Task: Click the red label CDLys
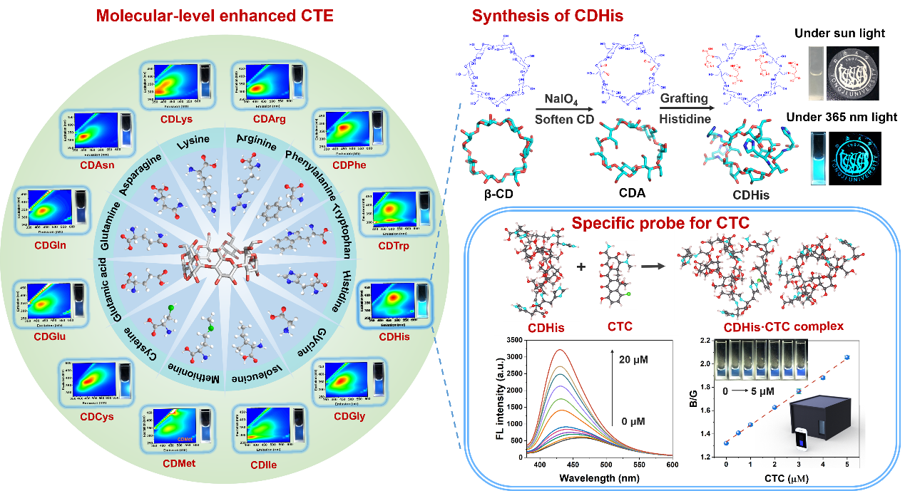tap(170, 119)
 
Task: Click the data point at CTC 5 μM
tap(847, 357)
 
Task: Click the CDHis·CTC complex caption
tap(784, 328)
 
